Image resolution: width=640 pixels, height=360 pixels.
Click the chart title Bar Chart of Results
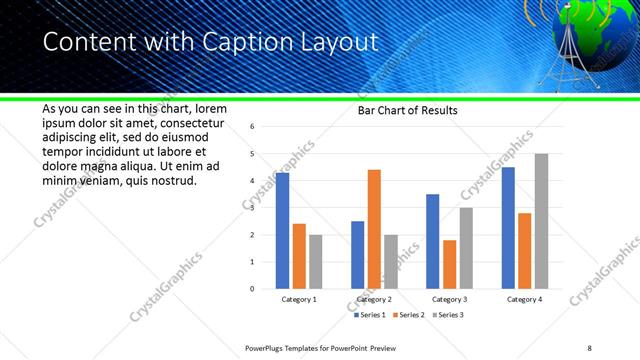407,111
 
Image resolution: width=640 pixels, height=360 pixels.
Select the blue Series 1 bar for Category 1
282,231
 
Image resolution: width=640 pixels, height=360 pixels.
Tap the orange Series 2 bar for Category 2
374,229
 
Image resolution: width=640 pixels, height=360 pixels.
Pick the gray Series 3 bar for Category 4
541,221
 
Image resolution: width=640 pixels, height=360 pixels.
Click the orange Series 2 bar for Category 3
449,264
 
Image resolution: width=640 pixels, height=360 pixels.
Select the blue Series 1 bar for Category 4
508,228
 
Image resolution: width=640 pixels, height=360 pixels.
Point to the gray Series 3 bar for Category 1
315,262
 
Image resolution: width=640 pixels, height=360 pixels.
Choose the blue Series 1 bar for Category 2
357,255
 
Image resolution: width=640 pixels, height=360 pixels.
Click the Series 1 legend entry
370,315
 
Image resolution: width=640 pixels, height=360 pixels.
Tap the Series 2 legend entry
408,315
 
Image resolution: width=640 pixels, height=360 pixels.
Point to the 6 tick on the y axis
253,127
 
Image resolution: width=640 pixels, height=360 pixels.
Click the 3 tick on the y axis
253,208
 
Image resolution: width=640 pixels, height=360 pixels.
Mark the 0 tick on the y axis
253,289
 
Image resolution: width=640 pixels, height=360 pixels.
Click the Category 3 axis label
449,299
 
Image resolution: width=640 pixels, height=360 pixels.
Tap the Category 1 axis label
298,299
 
